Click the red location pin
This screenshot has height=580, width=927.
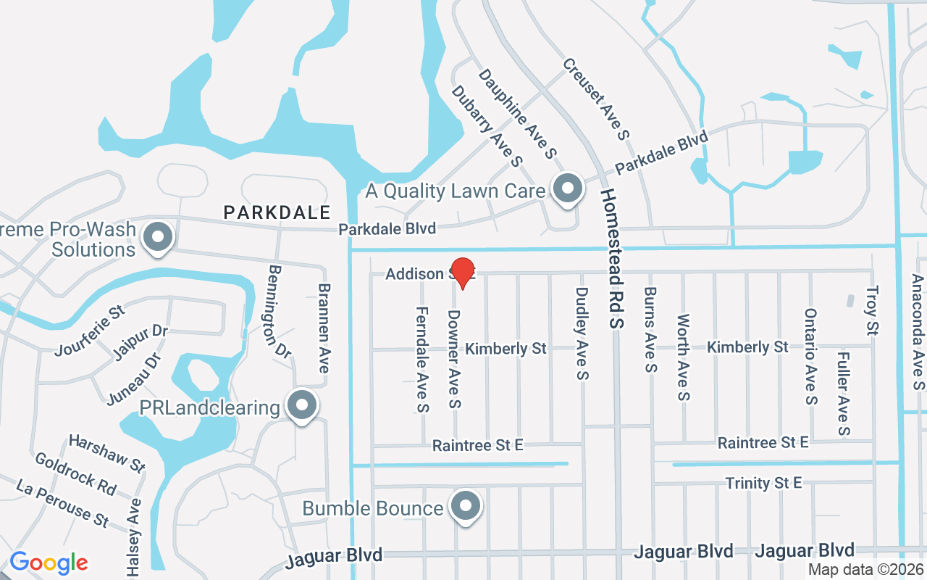pyautogui.click(x=463, y=273)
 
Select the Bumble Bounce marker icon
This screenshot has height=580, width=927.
pyautogui.click(x=466, y=506)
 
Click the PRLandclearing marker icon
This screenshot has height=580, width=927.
pyautogui.click(x=302, y=405)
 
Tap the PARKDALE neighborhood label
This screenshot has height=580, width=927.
pyautogui.click(x=277, y=212)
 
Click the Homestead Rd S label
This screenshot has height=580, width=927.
pyautogui.click(x=612, y=259)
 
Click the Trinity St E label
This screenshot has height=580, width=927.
pyautogui.click(x=763, y=483)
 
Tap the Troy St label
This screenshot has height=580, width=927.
pyautogui.click(x=872, y=310)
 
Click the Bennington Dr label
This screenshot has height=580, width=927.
pyautogui.click(x=279, y=311)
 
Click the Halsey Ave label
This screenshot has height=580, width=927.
pyautogui.click(x=134, y=537)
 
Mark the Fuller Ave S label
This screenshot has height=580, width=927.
pyautogui.click(x=843, y=394)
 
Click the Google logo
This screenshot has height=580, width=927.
pyautogui.click(x=49, y=563)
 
